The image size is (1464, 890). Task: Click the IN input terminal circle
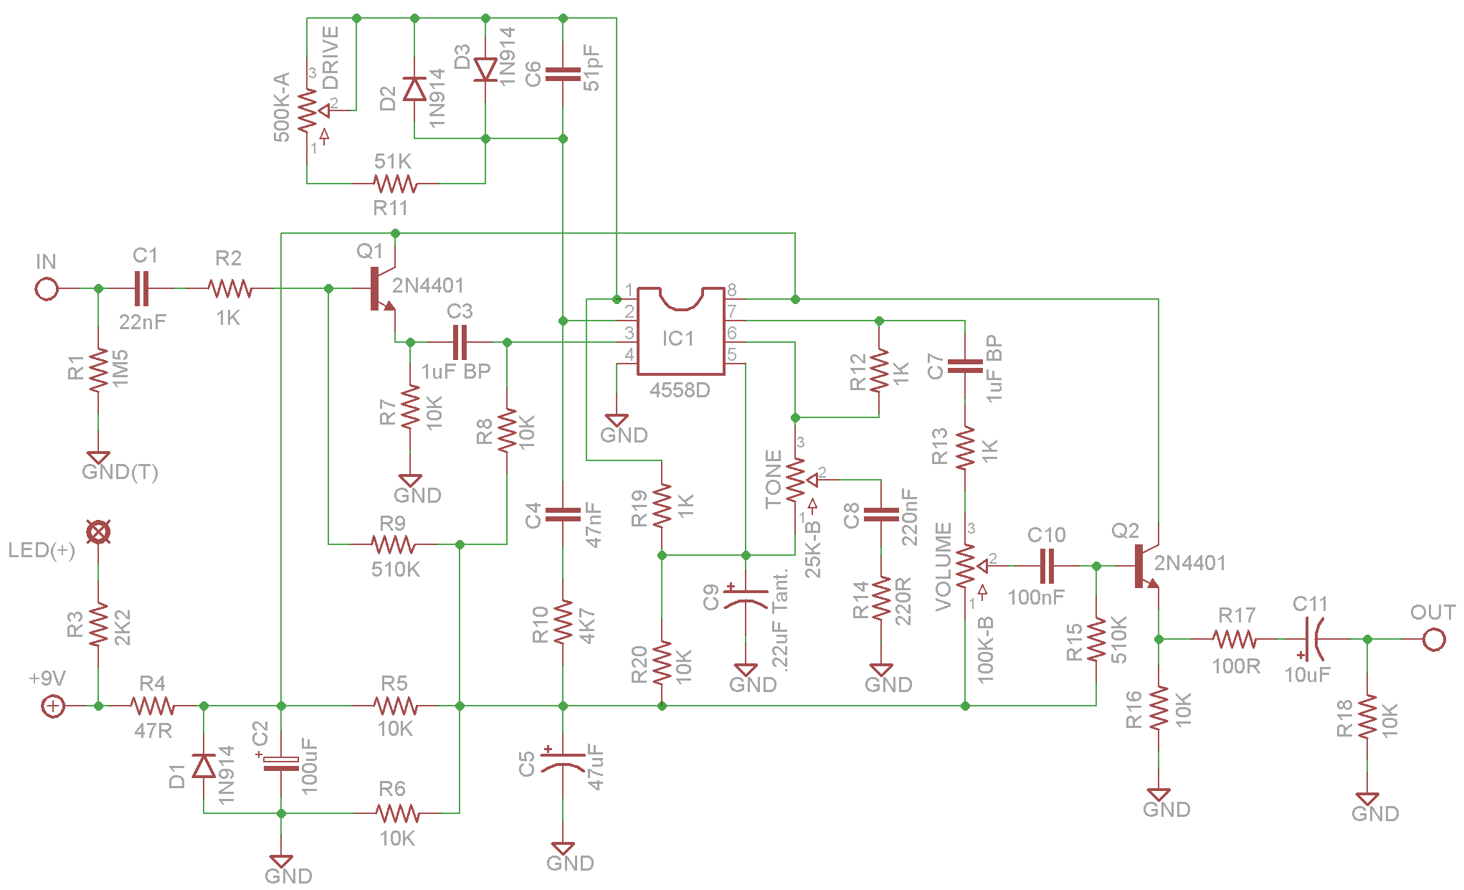[47, 289]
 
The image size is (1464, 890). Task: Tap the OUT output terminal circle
[1434, 639]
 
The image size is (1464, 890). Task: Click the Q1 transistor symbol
[381, 289]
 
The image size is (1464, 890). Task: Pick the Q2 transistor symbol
[1145, 567]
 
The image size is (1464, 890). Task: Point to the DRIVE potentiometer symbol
[309, 111]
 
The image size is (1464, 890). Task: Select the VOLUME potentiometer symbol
[966, 566]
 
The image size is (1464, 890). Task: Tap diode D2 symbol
[414, 90]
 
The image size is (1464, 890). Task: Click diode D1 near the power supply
[204, 766]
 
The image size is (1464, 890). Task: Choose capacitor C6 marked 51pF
[563, 74]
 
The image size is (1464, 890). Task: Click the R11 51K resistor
[394, 184]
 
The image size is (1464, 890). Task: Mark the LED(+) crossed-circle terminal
[98, 532]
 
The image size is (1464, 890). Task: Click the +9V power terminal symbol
[53, 706]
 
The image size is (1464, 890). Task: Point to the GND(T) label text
[120, 472]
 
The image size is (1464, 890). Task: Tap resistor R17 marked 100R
[1235, 639]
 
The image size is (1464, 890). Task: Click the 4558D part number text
[680, 391]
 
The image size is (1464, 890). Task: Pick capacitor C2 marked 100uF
[281, 763]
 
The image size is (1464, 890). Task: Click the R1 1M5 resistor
[99, 370]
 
